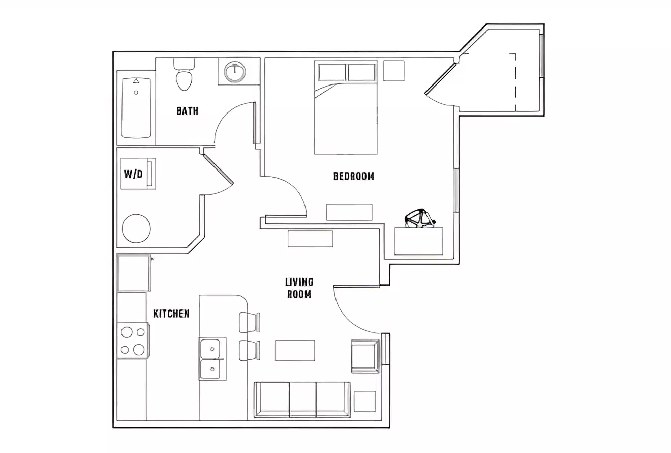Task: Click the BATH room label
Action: [187, 111]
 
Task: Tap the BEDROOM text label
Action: [353, 176]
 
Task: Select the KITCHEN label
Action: [171, 314]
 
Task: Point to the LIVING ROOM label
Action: [299, 288]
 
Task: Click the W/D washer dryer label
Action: [133, 174]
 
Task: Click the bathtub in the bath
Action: [136, 107]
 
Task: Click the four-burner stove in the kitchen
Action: [133, 341]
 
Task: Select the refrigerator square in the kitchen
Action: [134, 273]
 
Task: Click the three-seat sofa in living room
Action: [302, 400]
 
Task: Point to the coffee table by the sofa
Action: [295, 350]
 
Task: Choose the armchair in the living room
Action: [365, 356]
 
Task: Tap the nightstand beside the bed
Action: [393, 71]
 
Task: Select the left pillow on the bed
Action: [332, 72]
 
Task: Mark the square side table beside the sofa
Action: [364, 401]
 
